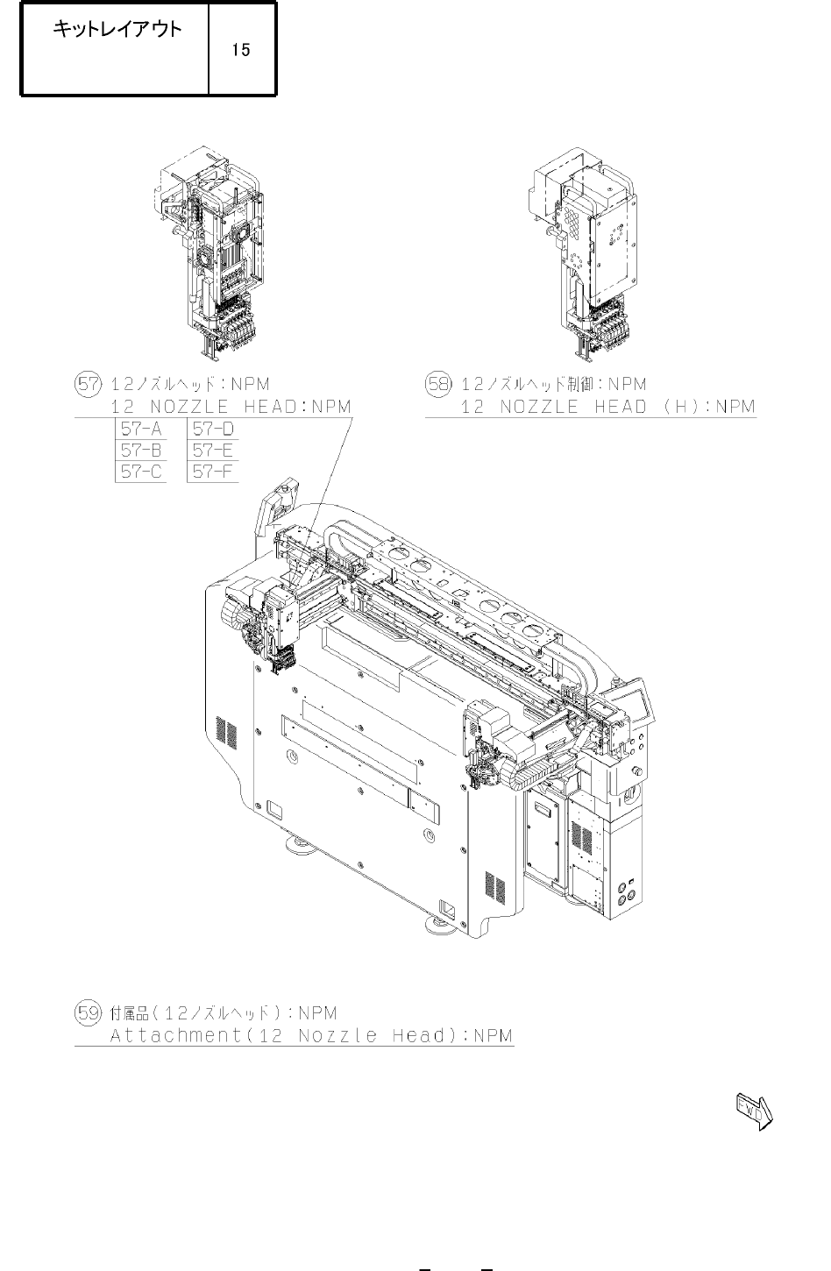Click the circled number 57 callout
tap(88, 384)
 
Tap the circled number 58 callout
tap(439, 384)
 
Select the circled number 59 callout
tap(88, 1012)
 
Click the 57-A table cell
tap(141, 429)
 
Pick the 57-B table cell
tap(141, 451)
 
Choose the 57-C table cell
tap(141, 472)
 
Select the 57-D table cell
tap(213, 429)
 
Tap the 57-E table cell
tap(213, 451)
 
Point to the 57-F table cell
tap(213, 472)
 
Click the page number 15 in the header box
tap(241, 50)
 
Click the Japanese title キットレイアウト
tap(117, 29)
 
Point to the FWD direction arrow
tap(755, 1111)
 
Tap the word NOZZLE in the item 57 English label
tap(189, 407)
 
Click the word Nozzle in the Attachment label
tap(337, 1035)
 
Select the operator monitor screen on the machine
tap(635, 704)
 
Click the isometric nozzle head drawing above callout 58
tap(582, 252)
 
